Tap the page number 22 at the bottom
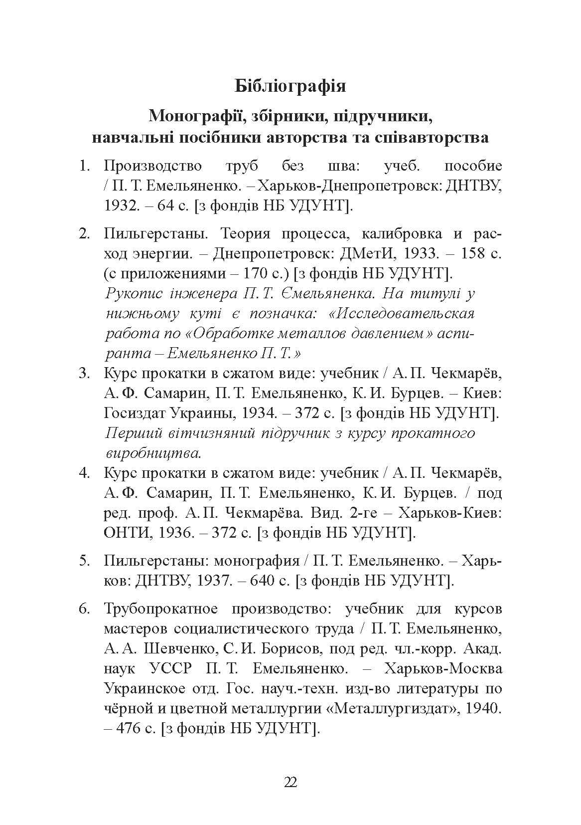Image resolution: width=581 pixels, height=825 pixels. tap(290, 782)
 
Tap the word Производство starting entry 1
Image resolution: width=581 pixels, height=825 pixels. tap(153, 166)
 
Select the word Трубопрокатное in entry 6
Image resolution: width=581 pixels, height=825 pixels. tap(162, 609)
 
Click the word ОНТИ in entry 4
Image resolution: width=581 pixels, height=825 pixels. tap(128, 533)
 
